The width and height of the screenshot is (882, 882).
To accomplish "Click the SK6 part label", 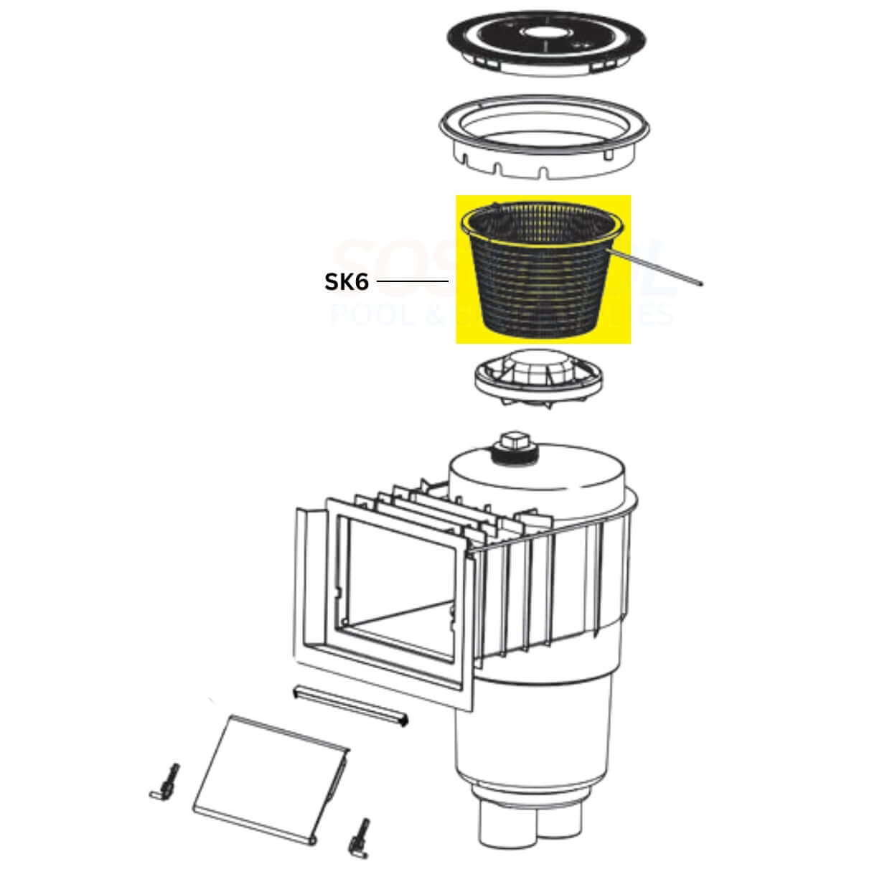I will point(347,282).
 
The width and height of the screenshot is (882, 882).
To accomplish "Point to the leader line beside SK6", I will point(413,282).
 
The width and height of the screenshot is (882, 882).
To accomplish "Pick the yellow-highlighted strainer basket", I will point(543,273).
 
